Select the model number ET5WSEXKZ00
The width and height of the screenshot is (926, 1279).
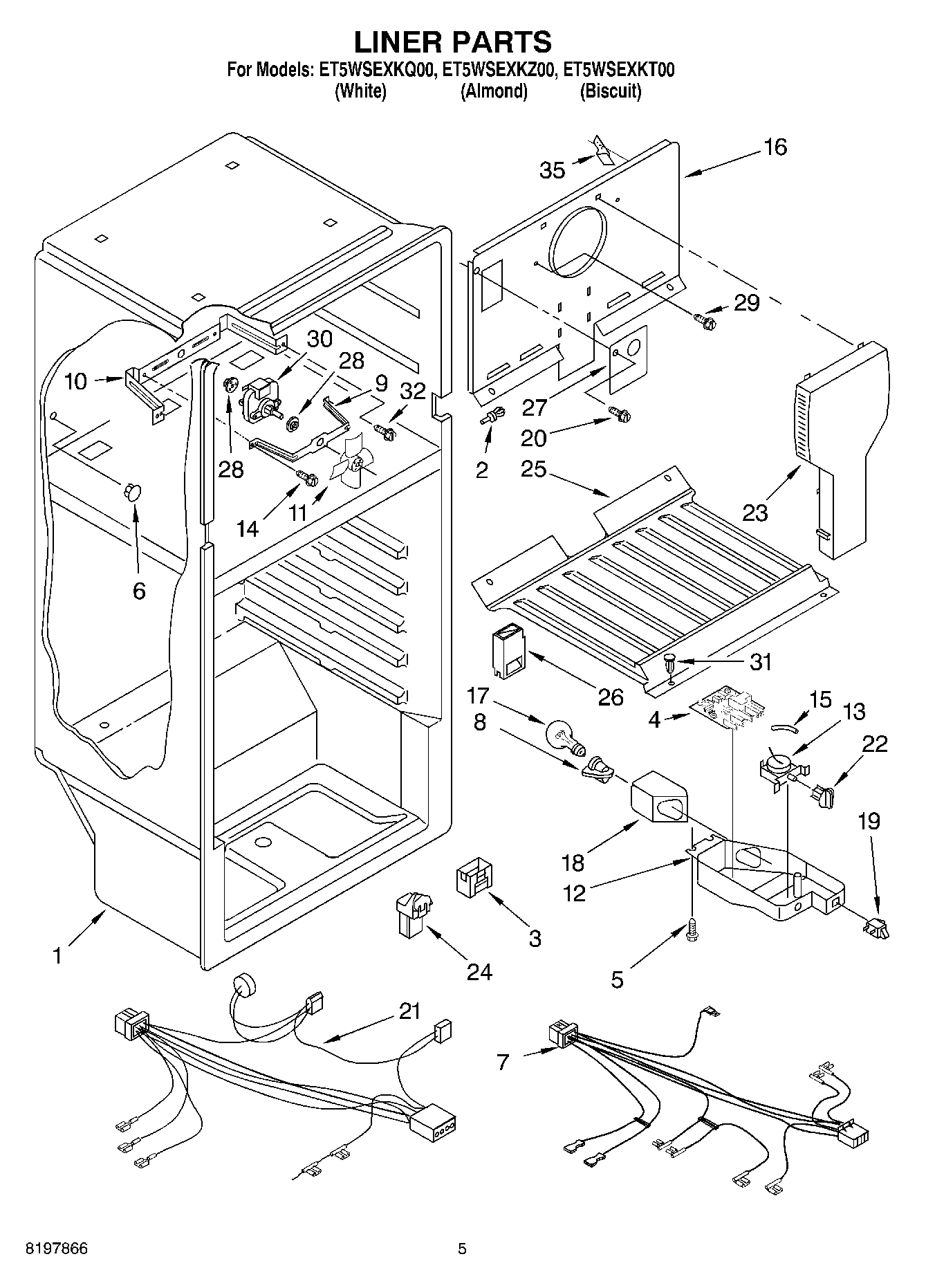point(499,70)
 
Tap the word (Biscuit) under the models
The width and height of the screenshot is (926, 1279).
point(610,91)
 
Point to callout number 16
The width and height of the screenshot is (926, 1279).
point(776,147)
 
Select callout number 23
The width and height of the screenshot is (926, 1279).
point(755,513)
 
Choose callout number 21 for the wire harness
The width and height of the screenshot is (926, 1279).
point(410,1011)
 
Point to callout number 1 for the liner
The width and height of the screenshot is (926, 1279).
point(57,956)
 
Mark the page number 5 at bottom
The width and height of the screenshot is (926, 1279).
point(462,1249)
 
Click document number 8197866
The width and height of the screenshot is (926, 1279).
point(57,1249)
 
